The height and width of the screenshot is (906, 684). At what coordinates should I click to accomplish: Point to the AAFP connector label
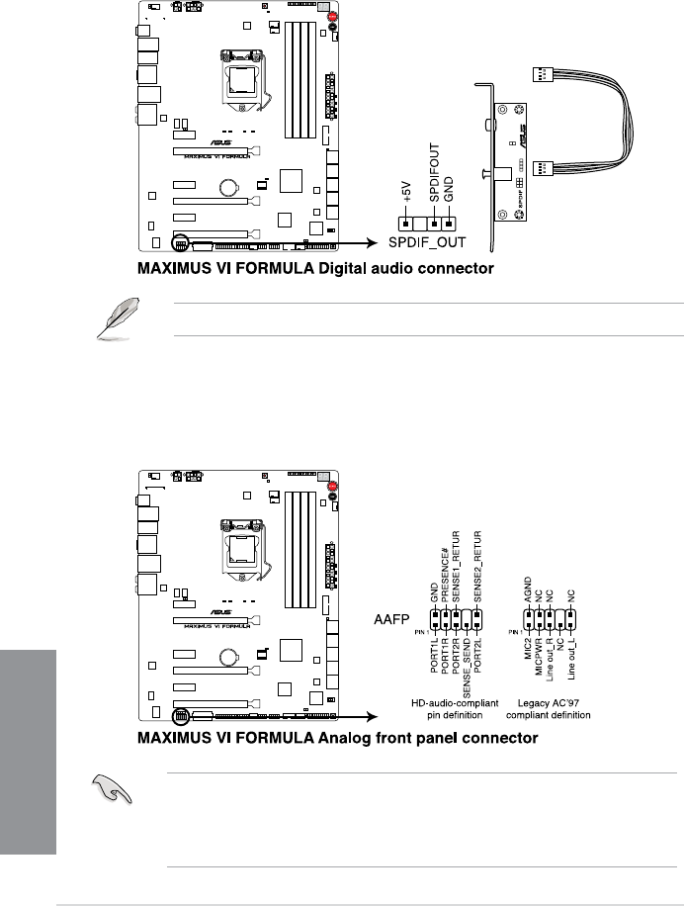tap(391, 620)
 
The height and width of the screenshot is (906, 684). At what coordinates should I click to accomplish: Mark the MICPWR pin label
tap(538, 660)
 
